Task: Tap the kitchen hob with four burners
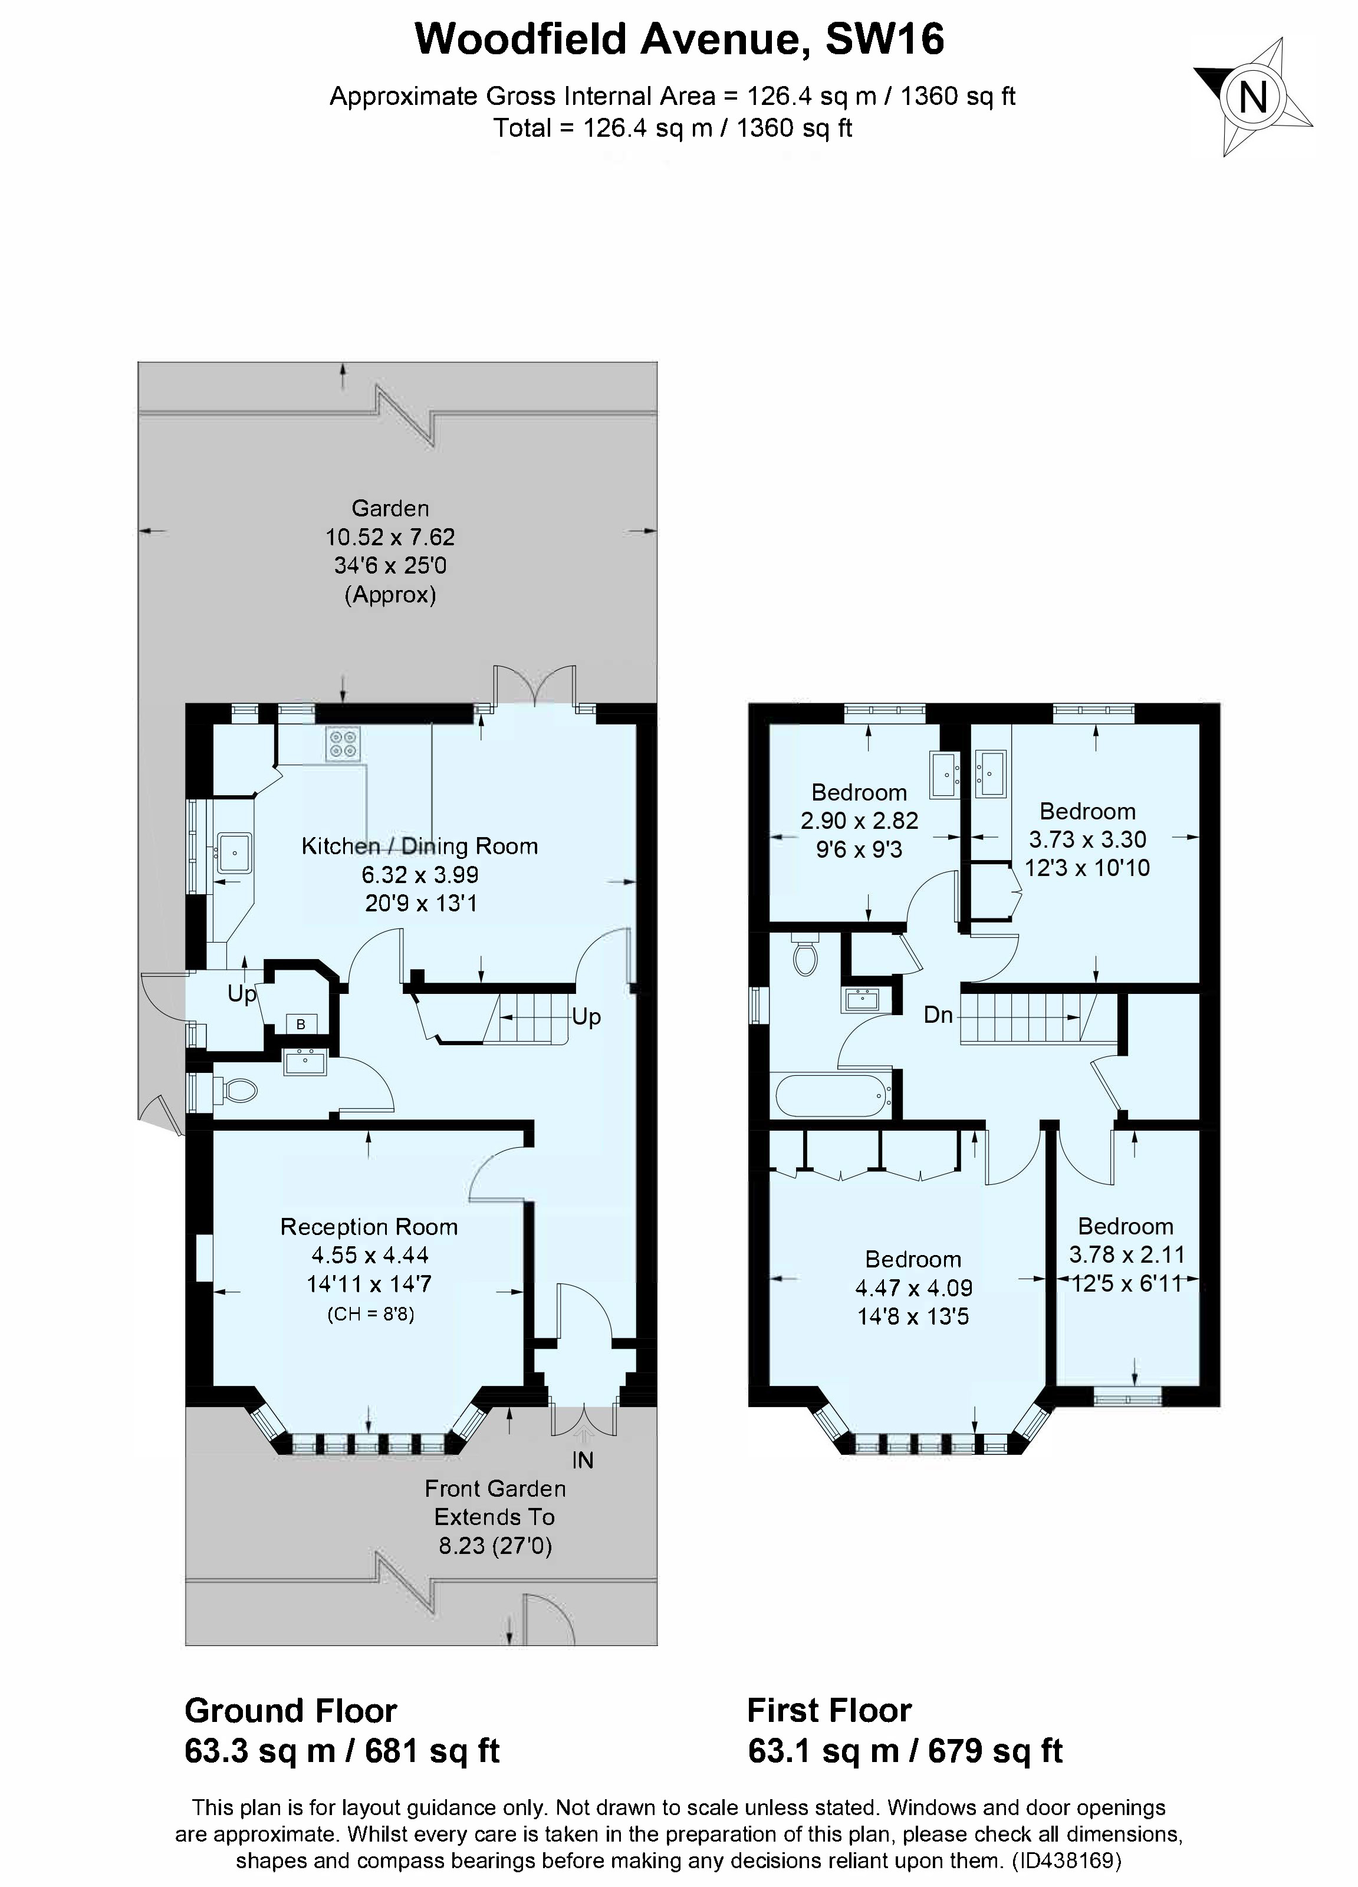(344, 743)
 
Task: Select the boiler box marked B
(300, 1024)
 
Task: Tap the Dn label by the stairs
(939, 1015)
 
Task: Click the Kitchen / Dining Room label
(419, 846)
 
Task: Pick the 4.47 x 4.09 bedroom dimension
(913, 1288)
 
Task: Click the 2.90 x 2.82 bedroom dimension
(859, 821)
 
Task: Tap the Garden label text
(390, 508)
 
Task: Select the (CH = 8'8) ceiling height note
(370, 1315)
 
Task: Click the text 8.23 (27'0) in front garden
(495, 1546)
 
